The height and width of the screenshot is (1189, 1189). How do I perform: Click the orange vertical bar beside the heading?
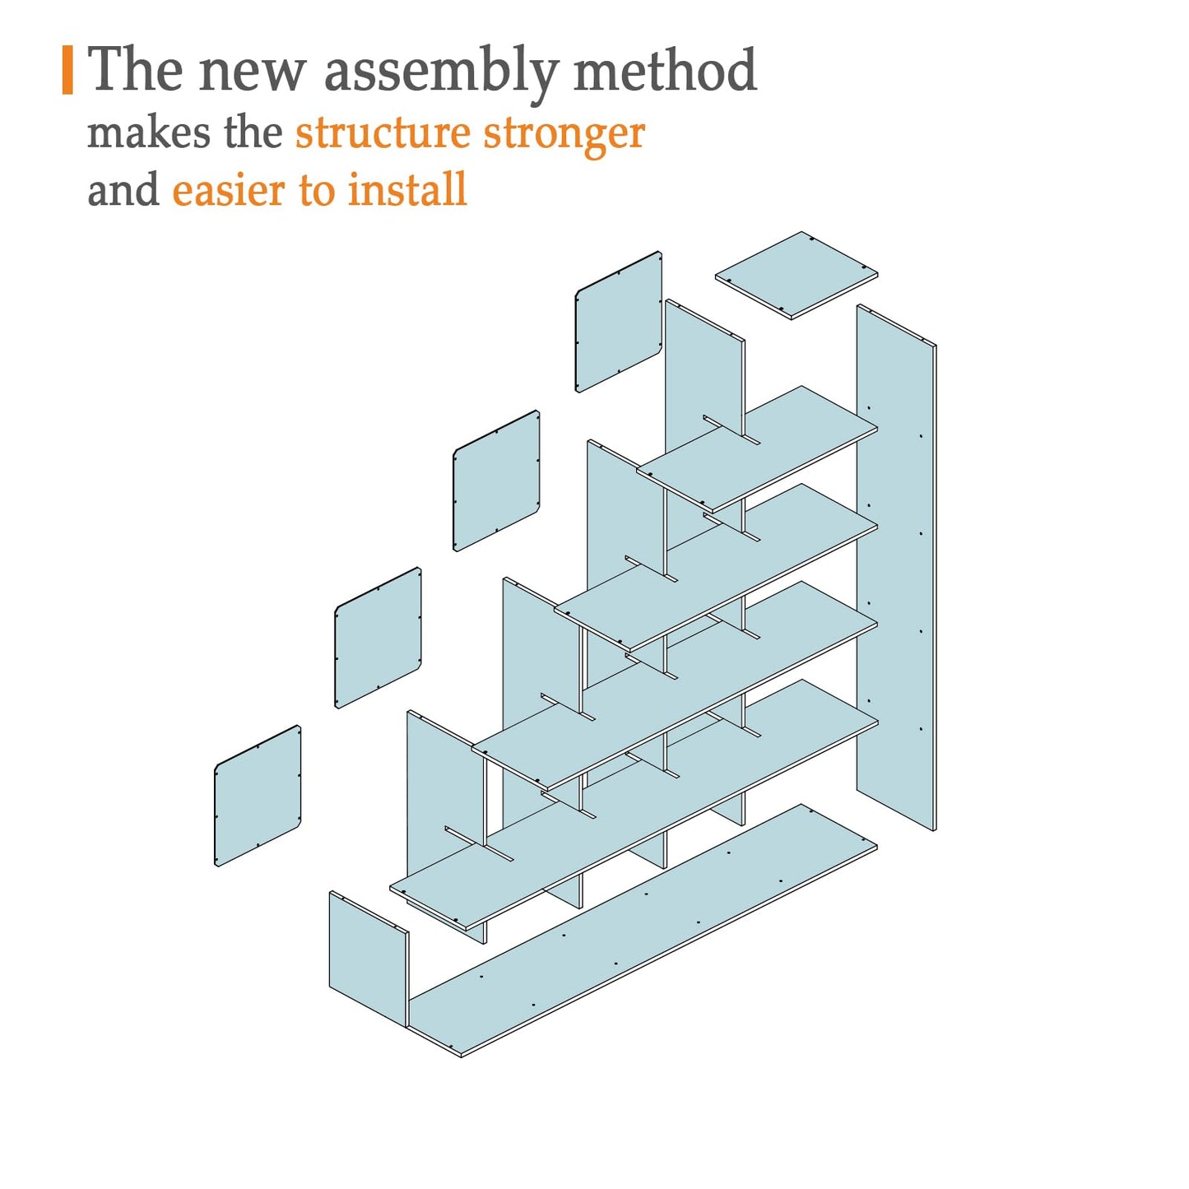pyautogui.click(x=67, y=70)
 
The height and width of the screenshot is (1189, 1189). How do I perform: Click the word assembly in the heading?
pyautogui.click(x=441, y=72)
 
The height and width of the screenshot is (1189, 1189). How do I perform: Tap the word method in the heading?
pyautogui.click(x=665, y=70)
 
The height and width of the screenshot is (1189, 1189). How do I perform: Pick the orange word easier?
pyautogui.click(x=230, y=190)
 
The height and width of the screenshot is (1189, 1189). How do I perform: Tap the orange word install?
pyautogui.click(x=407, y=188)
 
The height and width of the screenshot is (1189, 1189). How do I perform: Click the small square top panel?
pyautogui.click(x=796, y=275)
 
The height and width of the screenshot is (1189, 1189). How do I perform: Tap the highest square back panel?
pyautogui.click(x=618, y=322)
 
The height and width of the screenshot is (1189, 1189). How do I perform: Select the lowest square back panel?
pyautogui.click(x=258, y=796)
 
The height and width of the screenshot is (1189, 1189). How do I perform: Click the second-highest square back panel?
pyautogui.click(x=496, y=481)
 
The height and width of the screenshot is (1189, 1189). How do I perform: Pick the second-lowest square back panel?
pyautogui.click(x=378, y=638)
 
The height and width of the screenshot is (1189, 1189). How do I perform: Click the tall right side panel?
pyautogui.click(x=897, y=568)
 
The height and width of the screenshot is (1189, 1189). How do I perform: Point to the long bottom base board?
pyautogui.click(x=643, y=931)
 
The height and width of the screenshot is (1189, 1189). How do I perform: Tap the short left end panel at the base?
pyautogui.click(x=369, y=959)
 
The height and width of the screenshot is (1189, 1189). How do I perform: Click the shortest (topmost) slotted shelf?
pyautogui.click(x=757, y=449)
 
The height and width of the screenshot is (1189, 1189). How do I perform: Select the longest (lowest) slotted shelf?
pyautogui.click(x=634, y=806)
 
